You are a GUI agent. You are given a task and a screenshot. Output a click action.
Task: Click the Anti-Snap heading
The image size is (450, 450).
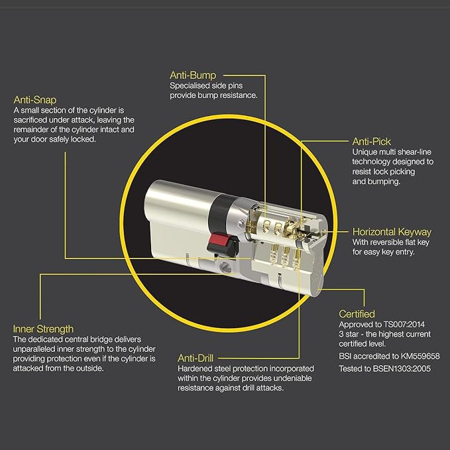click(35, 100)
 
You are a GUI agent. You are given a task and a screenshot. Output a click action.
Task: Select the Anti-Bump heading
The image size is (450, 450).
click(193, 75)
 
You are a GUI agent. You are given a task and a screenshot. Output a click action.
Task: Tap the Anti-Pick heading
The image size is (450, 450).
click(371, 141)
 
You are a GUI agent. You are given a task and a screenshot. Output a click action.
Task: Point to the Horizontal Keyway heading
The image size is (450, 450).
click(392, 232)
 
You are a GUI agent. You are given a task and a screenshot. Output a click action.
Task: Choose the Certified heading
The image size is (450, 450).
click(357, 314)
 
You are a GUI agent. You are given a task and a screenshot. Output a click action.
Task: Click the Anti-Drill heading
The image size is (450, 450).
click(196, 358)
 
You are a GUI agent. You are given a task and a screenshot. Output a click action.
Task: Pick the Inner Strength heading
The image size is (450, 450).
click(43, 329)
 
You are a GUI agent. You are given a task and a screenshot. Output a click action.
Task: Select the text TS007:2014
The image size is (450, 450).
click(404, 325)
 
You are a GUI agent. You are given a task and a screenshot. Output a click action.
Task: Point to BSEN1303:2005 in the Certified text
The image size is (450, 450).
click(402, 368)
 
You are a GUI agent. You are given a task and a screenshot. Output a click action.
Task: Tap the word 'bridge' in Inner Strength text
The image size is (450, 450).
click(101, 339)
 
